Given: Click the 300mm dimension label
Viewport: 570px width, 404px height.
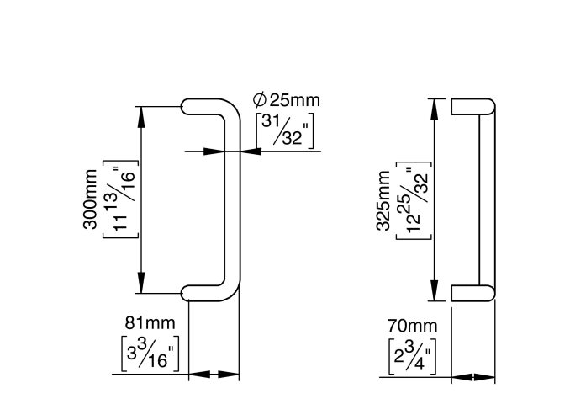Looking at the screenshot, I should [x=90, y=199].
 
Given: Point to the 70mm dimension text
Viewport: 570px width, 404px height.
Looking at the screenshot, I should [x=412, y=325].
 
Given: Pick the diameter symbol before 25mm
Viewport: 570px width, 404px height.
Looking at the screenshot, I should [x=260, y=100].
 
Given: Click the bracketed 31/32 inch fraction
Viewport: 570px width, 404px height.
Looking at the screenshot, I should [x=285, y=130].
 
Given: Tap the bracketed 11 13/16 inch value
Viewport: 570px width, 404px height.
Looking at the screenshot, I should [x=120, y=199].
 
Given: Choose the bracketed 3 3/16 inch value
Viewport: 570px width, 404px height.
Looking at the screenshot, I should [x=147, y=353].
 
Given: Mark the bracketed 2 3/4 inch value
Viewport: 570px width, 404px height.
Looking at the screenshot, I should [x=411, y=354].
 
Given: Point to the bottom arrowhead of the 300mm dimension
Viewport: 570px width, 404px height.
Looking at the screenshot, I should [x=140, y=284].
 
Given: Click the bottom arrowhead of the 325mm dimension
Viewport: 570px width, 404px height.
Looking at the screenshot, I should [x=434, y=291].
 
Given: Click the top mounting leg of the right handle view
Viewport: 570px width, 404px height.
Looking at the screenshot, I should [x=472, y=107].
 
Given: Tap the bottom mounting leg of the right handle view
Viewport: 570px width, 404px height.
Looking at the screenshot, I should [x=472, y=292].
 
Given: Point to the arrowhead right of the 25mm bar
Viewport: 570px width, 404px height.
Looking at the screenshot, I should [x=250, y=151].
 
